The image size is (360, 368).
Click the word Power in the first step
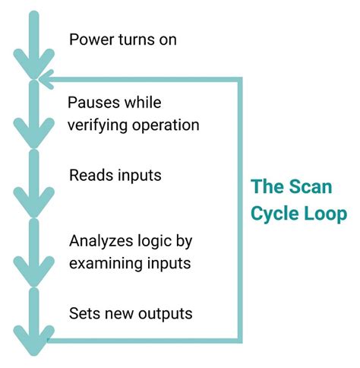pyautogui.click(x=89, y=40)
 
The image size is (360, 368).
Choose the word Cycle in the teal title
pyautogui.click(x=275, y=212)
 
